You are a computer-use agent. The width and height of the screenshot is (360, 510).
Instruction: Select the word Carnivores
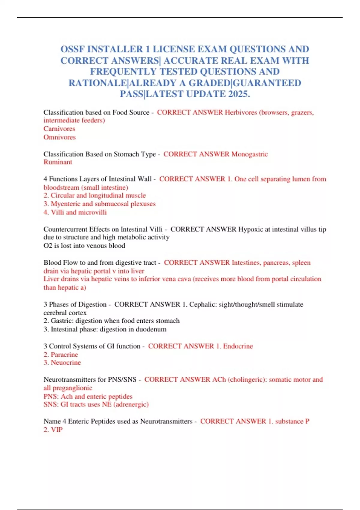pyautogui.click(x=59, y=129)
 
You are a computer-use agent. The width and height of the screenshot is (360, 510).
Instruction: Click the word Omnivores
pyautogui.click(x=59, y=137)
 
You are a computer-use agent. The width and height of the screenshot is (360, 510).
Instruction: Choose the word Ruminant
pyautogui.click(x=58, y=162)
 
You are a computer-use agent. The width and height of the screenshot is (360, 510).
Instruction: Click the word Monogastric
pyautogui.click(x=250, y=154)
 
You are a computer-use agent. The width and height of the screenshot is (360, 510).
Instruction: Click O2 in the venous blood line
pyautogui.click(x=48, y=246)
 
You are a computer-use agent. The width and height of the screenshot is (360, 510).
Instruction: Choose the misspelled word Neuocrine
pyautogui.click(x=66, y=363)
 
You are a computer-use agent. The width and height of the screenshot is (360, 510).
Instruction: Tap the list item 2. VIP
pyautogui.click(x=53, y=430)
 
